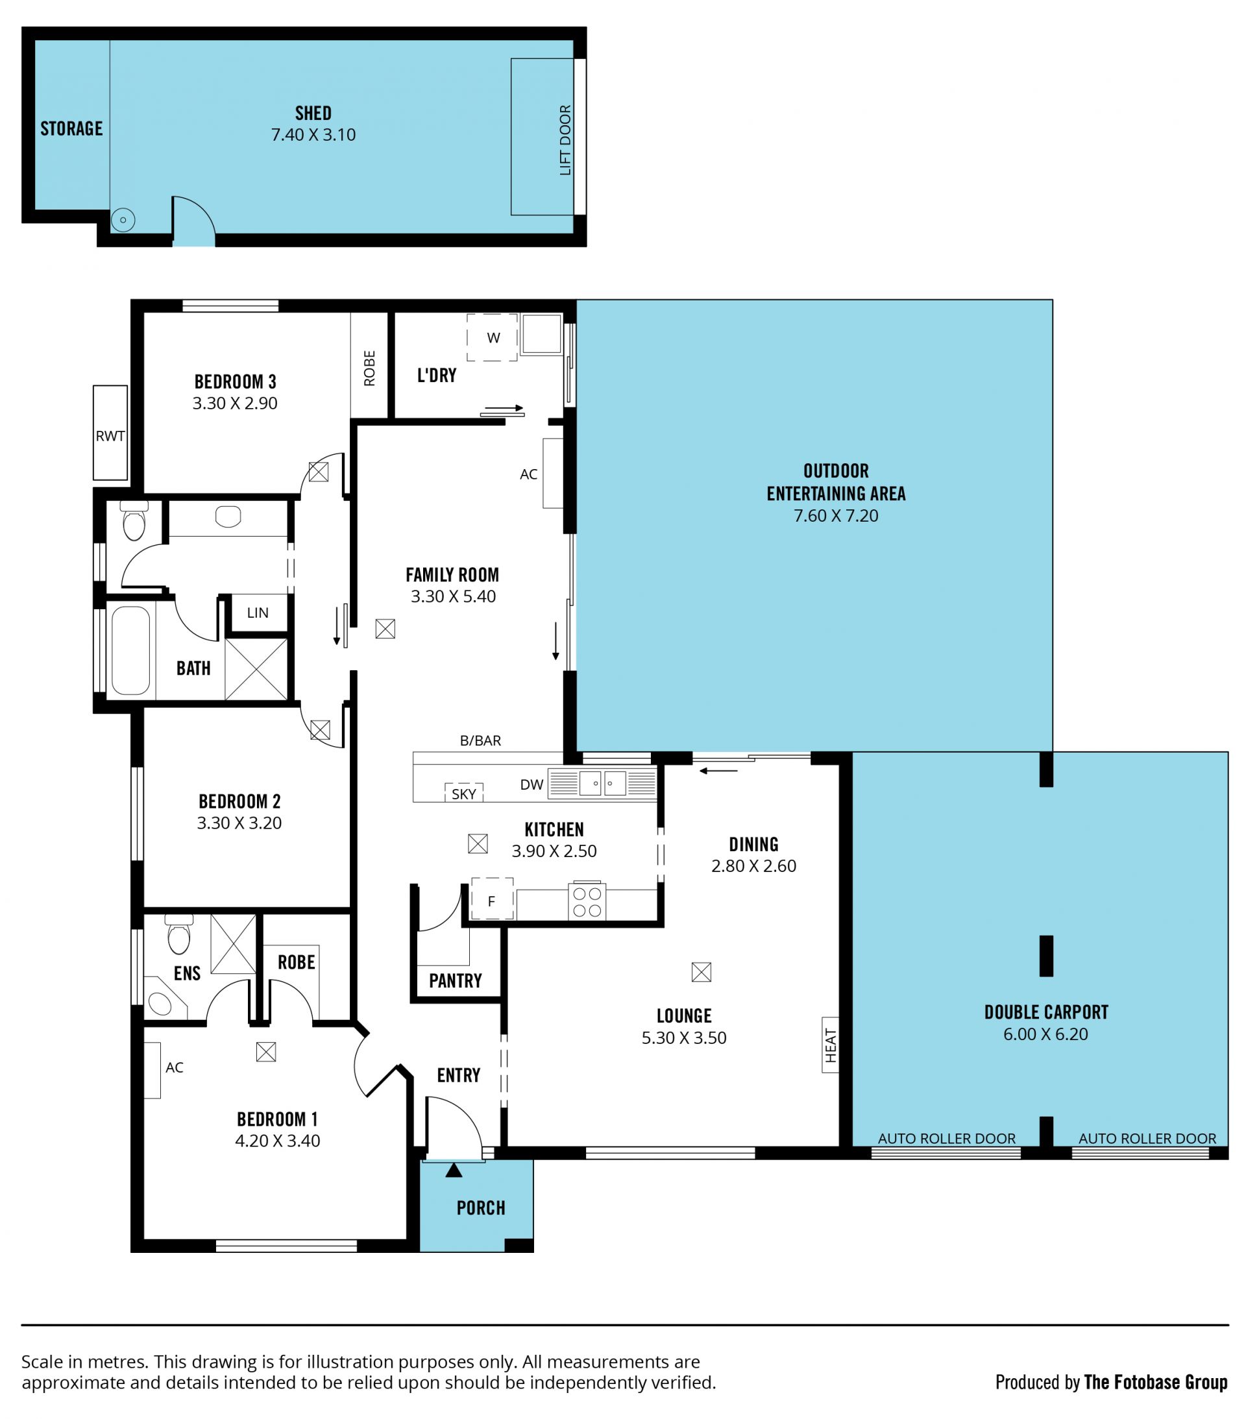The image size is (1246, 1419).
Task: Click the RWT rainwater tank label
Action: coord(110,436)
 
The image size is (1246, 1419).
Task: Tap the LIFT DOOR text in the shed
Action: coord(565,140)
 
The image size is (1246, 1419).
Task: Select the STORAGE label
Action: coord(71,128)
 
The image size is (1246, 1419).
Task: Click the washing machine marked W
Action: coord(493,337)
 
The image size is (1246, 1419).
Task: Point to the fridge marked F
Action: coord(492,900)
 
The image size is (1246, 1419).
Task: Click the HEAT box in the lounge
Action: coord(830,1045)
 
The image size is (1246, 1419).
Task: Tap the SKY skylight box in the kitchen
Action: coord(463,793)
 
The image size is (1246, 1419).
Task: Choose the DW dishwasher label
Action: coord(531,784)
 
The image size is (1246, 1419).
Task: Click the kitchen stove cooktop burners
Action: coord(587,902)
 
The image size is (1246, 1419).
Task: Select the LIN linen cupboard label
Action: coord(258,612)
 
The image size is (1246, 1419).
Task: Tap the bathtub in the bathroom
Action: coord(130,651)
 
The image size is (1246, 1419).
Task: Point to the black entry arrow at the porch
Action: coord(454,1170)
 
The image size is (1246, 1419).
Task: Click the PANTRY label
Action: coord(455,980)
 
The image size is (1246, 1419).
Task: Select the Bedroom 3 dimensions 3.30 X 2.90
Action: coord(235,404)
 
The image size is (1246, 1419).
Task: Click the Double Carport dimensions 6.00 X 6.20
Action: coord(1045,1034)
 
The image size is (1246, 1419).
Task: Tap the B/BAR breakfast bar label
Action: coord(480,741)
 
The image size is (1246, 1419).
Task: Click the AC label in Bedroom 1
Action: coord(175,1067)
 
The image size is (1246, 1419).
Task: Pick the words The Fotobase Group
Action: coord(1155,1381)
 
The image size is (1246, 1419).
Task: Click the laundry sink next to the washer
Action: coord(541,334)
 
